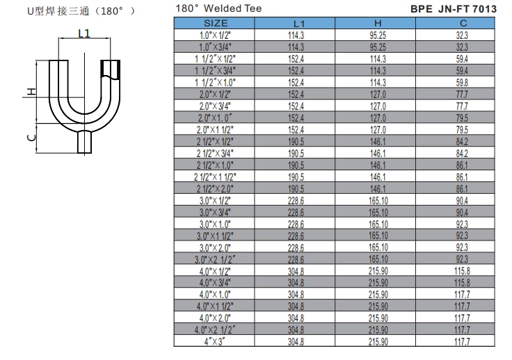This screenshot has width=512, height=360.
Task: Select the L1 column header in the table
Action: tap(296, 24)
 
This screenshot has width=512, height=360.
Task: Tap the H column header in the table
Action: tap(377, 24)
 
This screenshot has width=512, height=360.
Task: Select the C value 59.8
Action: tap(462, 82)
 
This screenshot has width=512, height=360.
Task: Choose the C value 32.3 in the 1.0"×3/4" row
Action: tap(462, 47)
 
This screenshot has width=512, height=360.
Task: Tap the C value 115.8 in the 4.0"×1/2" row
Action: tap(462, 271)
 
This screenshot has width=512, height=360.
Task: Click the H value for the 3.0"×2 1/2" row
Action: tap(377, 259)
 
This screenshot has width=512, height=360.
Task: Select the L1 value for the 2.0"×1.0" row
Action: tap(296, 117)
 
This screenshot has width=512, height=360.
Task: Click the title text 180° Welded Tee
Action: tap(218, 8)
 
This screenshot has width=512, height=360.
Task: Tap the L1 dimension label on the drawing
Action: tap(84, 33)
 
